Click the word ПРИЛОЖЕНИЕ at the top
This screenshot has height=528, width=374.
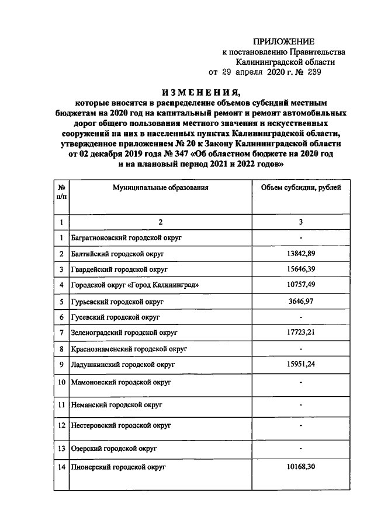click(283, 41)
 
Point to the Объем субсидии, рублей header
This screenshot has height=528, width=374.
click(300, 188)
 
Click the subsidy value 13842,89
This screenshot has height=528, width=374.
click(300, 254)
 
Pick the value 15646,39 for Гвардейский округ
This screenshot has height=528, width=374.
click(300, 270)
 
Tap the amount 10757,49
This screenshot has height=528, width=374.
click(300, 286)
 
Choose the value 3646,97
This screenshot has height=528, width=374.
click(300, 302)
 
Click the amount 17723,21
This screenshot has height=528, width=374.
click(300, 333)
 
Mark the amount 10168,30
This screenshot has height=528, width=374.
click(300, 468)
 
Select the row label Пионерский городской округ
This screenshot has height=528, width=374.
click(119, 468)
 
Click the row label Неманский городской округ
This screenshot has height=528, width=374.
click(117, 404)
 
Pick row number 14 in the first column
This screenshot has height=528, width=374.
click(61, 468)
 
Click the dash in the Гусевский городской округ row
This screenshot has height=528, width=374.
click(300, 317)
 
